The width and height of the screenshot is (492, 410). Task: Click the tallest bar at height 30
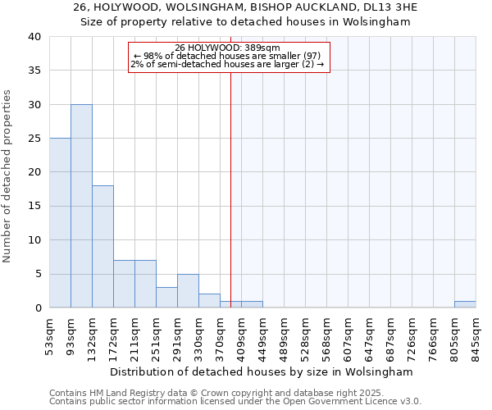[81, 206]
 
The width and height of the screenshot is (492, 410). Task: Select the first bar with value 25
[60, 223]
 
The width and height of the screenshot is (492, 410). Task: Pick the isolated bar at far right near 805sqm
[465, 304]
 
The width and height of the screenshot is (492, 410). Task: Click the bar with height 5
[188, 291]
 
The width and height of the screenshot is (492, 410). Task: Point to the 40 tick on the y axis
[35, 37]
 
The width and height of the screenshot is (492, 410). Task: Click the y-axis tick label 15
[35, 206]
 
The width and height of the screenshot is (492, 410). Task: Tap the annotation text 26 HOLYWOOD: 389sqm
[227, 48]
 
